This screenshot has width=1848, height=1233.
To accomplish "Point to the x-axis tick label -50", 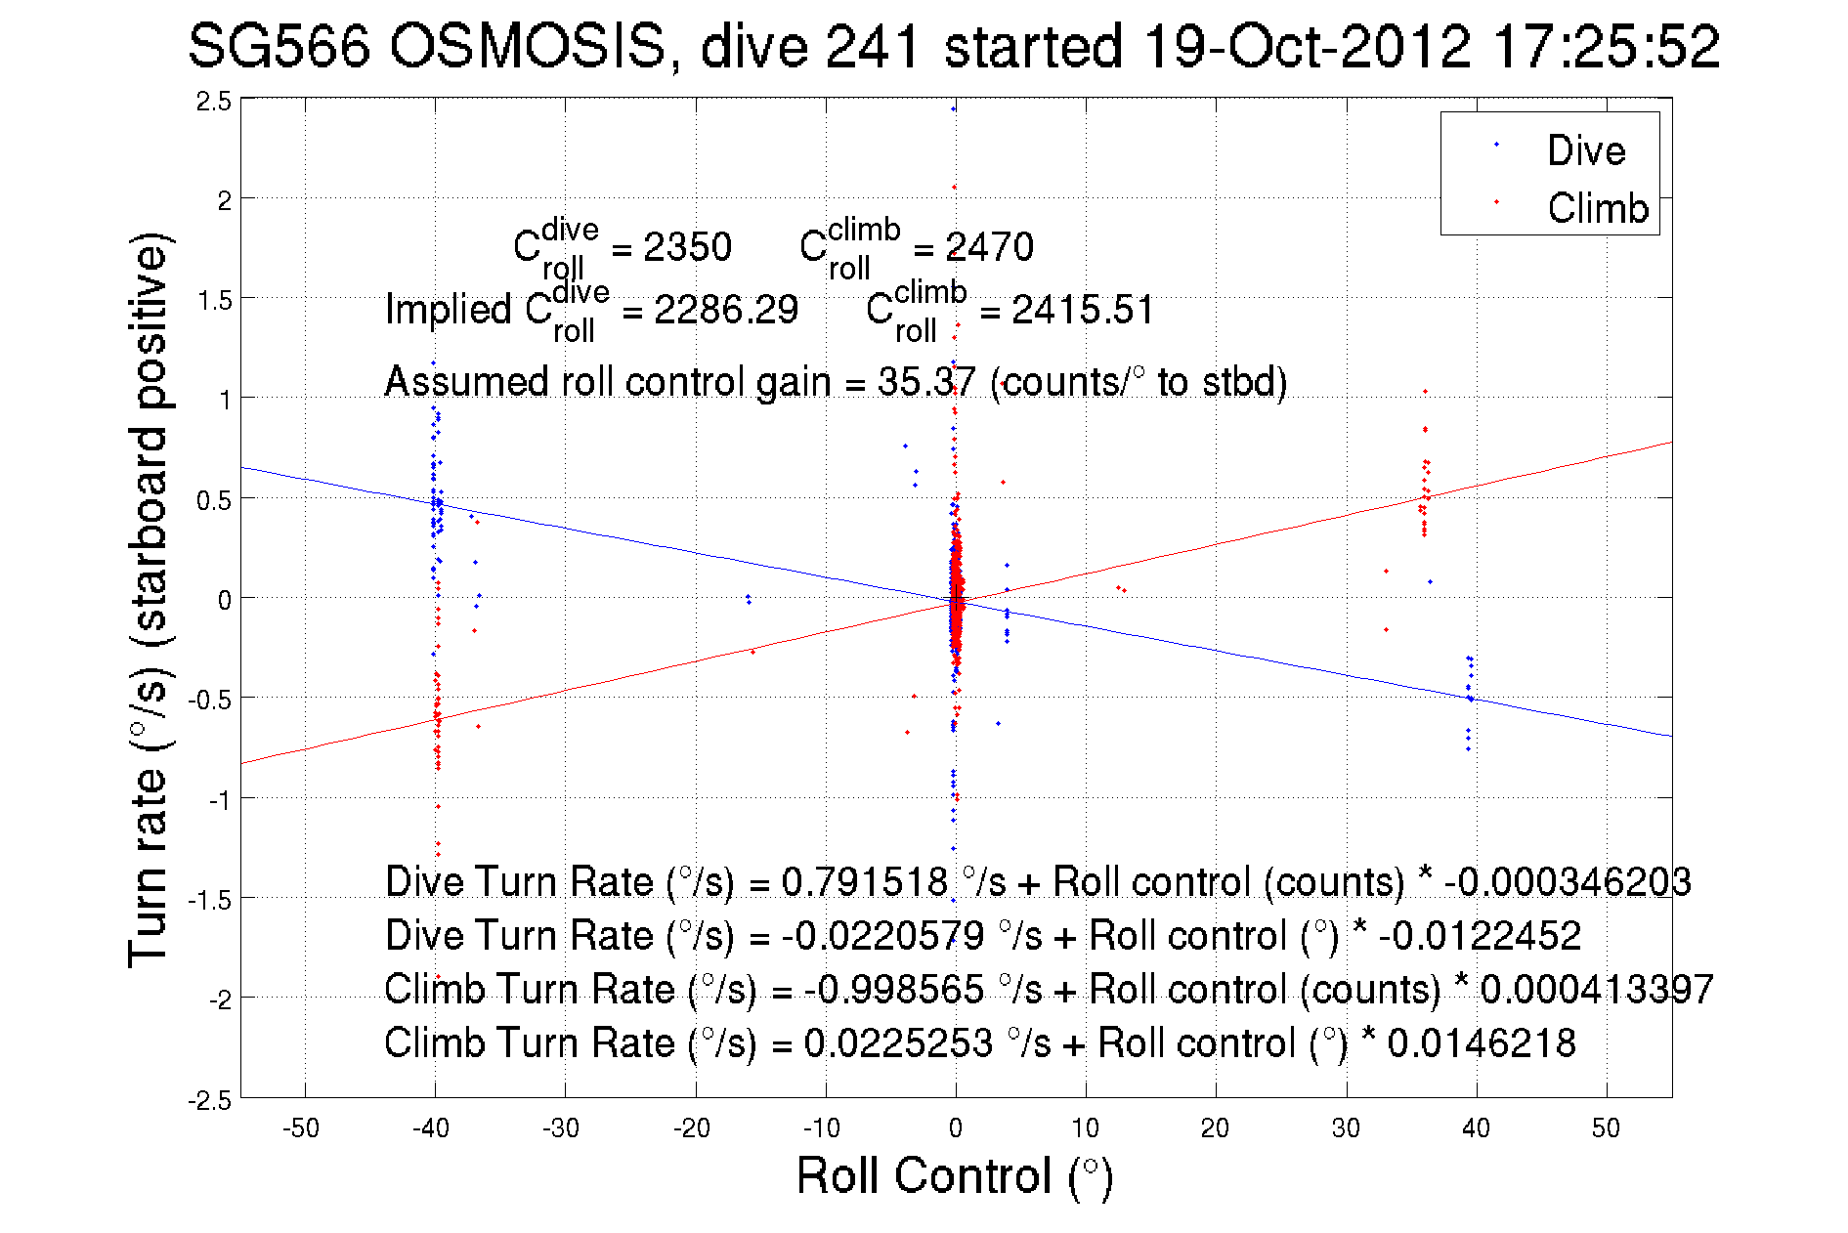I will tap(301, 1128).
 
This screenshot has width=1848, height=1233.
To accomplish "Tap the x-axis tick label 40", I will tap(1476, 1128).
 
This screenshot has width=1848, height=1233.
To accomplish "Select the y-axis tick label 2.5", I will tap(214, 102).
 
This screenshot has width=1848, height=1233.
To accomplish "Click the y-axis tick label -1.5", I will tap(210, 900).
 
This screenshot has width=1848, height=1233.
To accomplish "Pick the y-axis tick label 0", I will tap(225, 600).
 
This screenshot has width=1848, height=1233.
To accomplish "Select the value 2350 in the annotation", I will tap(687, 247).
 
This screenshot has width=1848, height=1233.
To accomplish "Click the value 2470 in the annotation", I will tap(989, 247).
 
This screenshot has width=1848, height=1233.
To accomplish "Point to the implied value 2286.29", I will tap(725, 311).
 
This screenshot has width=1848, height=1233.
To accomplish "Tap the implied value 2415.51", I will tap(1083, 311).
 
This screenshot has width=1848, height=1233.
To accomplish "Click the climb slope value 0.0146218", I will tap(1482, 1043).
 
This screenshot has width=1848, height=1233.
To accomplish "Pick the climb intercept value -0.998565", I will tap(893, 990).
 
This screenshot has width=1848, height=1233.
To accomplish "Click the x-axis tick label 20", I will tap(1215, 1128).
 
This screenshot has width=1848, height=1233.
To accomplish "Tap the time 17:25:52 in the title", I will tap(1607, 46).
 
